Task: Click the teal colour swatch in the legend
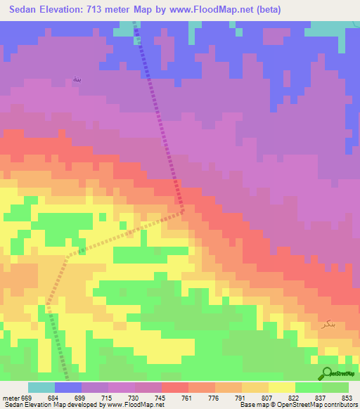pyautogui.click(x=41, y=387)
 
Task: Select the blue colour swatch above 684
pyautogui.click(x=68, y=387)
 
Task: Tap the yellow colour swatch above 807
pyautogui.click(x=255, y=387)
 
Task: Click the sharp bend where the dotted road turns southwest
pyautogui.click(x=183, y=209)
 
